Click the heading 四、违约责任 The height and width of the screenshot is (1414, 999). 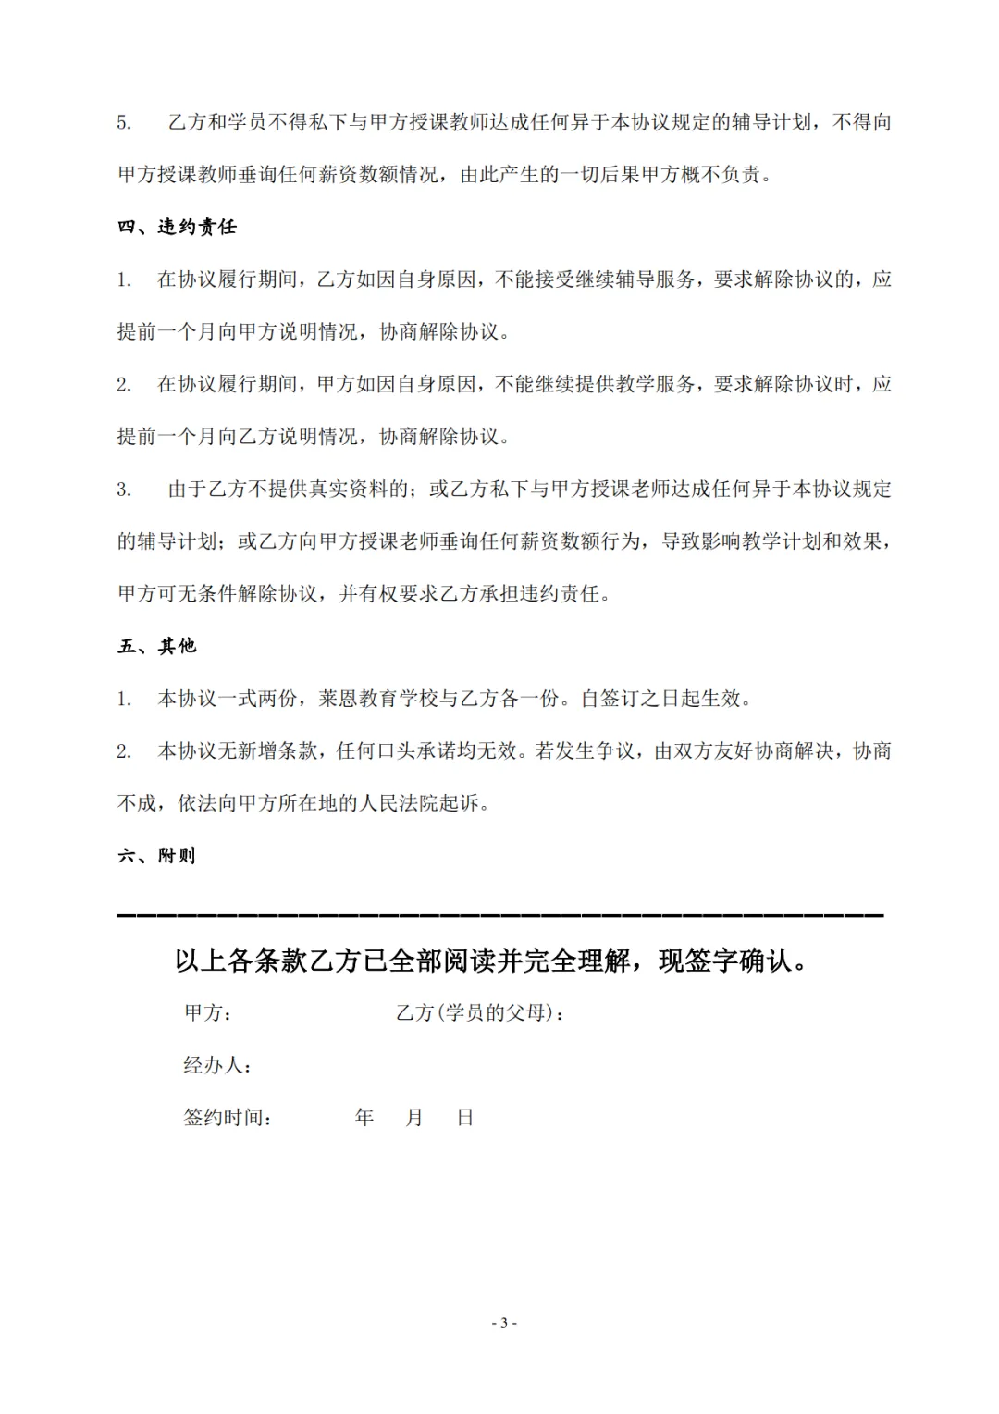[x=177, y=227]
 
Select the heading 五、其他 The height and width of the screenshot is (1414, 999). [x=157, y=646]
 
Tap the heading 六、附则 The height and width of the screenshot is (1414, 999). [x=157, y=856]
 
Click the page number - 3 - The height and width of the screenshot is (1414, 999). [x=504, y=1323]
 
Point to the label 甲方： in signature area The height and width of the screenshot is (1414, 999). [x=208, y=1013]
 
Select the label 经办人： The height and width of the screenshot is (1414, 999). [x=218, y=1065]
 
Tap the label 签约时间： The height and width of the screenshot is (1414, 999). [x=228, y=1118]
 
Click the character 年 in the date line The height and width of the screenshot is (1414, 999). [x=364, y=1118]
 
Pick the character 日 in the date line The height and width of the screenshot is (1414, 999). [x=465, y=1118]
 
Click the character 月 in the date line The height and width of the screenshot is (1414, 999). [x=414, y=1118]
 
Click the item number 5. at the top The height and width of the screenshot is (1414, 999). [x=124, y=123]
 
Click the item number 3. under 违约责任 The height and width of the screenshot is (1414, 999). [x=124, y=490]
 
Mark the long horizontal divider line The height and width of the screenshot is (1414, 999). [x=499, y=914]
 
